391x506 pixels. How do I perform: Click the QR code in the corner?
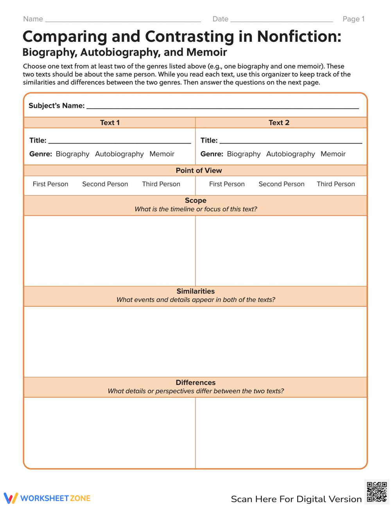click(x=377, y=492)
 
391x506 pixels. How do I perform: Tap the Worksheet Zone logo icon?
click(x=11, y=498)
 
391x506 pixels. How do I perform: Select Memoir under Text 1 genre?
click(x=162, y=154)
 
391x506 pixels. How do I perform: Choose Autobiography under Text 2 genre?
click(x=291, y=154)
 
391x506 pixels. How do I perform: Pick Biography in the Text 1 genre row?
click(x=72, y=154)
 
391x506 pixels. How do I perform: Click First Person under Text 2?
click(x=227, y=184)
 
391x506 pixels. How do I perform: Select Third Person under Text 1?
click(x=161, y=184)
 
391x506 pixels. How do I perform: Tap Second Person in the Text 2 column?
click(x=282, y=184)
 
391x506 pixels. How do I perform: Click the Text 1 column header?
click(x=110, y=123)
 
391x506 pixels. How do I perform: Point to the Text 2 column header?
click(x=279, y=123)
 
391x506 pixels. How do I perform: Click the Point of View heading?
click(x=199, y=170)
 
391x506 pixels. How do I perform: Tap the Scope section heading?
click(x=195, y=201)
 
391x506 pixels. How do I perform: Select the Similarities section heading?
click(x=195, y=291)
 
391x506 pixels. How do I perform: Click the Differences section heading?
click(x=195, y=382)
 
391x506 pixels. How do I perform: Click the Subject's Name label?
click(x=57, y=106)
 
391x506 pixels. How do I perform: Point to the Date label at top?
click(x=220, y=19)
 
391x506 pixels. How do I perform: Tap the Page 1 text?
click(x=353, y=19)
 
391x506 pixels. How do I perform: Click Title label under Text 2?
click(x=209, y=140)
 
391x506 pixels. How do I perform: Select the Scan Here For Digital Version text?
click(x=296, y=499)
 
